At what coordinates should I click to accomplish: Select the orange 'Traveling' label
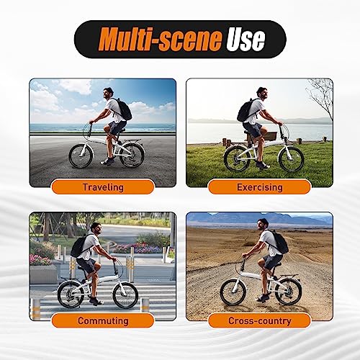[103, 187]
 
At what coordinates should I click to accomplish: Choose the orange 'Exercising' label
[259, 187]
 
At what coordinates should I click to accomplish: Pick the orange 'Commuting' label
[103, 320]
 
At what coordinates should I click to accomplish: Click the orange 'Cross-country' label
[259, 320]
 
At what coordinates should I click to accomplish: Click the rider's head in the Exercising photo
[262, 94]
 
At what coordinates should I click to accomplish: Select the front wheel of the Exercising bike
[291, 159]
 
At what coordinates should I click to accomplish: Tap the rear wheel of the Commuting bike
[71, 294]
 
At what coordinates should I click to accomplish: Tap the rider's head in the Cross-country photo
[264, 224]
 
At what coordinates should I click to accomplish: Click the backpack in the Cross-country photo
[279, 243]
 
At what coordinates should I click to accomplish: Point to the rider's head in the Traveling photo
[108, 92]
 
